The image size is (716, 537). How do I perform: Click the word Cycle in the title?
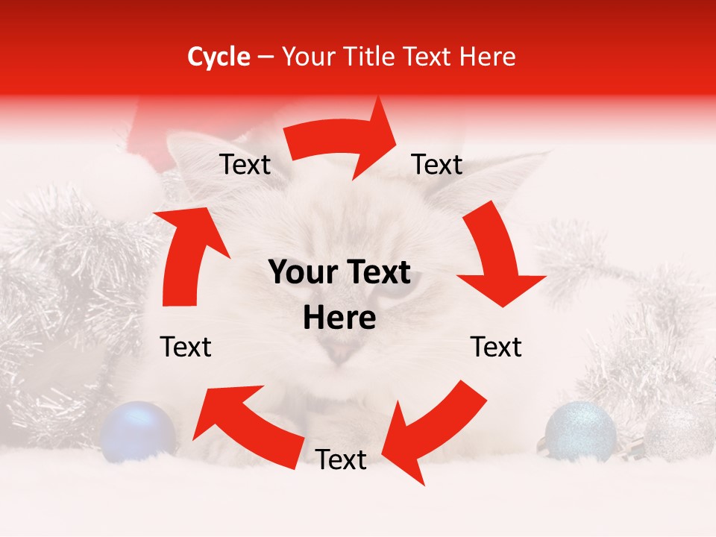click(218, 57)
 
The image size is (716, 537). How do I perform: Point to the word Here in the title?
click(486, 57)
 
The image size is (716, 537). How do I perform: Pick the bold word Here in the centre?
click(339, 318)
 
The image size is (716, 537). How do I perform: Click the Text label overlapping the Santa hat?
click(245, 165)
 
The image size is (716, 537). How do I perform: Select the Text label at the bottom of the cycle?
click(341, 459)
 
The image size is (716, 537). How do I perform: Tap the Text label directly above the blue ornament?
click(186, 347)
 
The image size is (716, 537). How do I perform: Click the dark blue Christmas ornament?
click(138, 430)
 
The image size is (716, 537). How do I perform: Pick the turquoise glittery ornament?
click(580, 430)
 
